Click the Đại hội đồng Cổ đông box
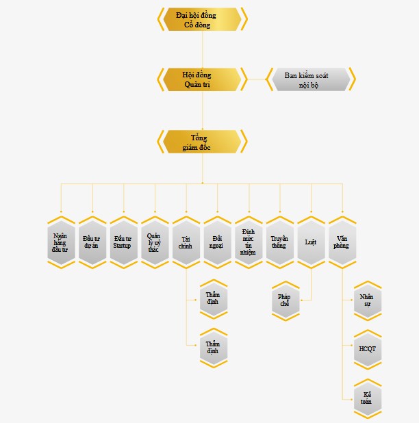[202, 19]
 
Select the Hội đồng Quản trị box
[202, 79]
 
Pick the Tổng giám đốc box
[202, 142]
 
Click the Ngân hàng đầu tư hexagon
[61, 242]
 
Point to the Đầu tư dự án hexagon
[92, 242]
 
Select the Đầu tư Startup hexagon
[123, 242]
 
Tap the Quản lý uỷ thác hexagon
[155, 242]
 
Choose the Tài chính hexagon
[186, 242]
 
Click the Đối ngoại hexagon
[218, 242]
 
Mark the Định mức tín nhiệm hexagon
[249, 242]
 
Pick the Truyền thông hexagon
[280, 242]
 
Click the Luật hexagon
[311, 242]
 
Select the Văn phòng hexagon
[342, 242]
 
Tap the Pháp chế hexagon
[285, 300]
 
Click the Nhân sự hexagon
[366, 300]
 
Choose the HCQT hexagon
[366, 349]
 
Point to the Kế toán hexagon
[366, 398]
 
